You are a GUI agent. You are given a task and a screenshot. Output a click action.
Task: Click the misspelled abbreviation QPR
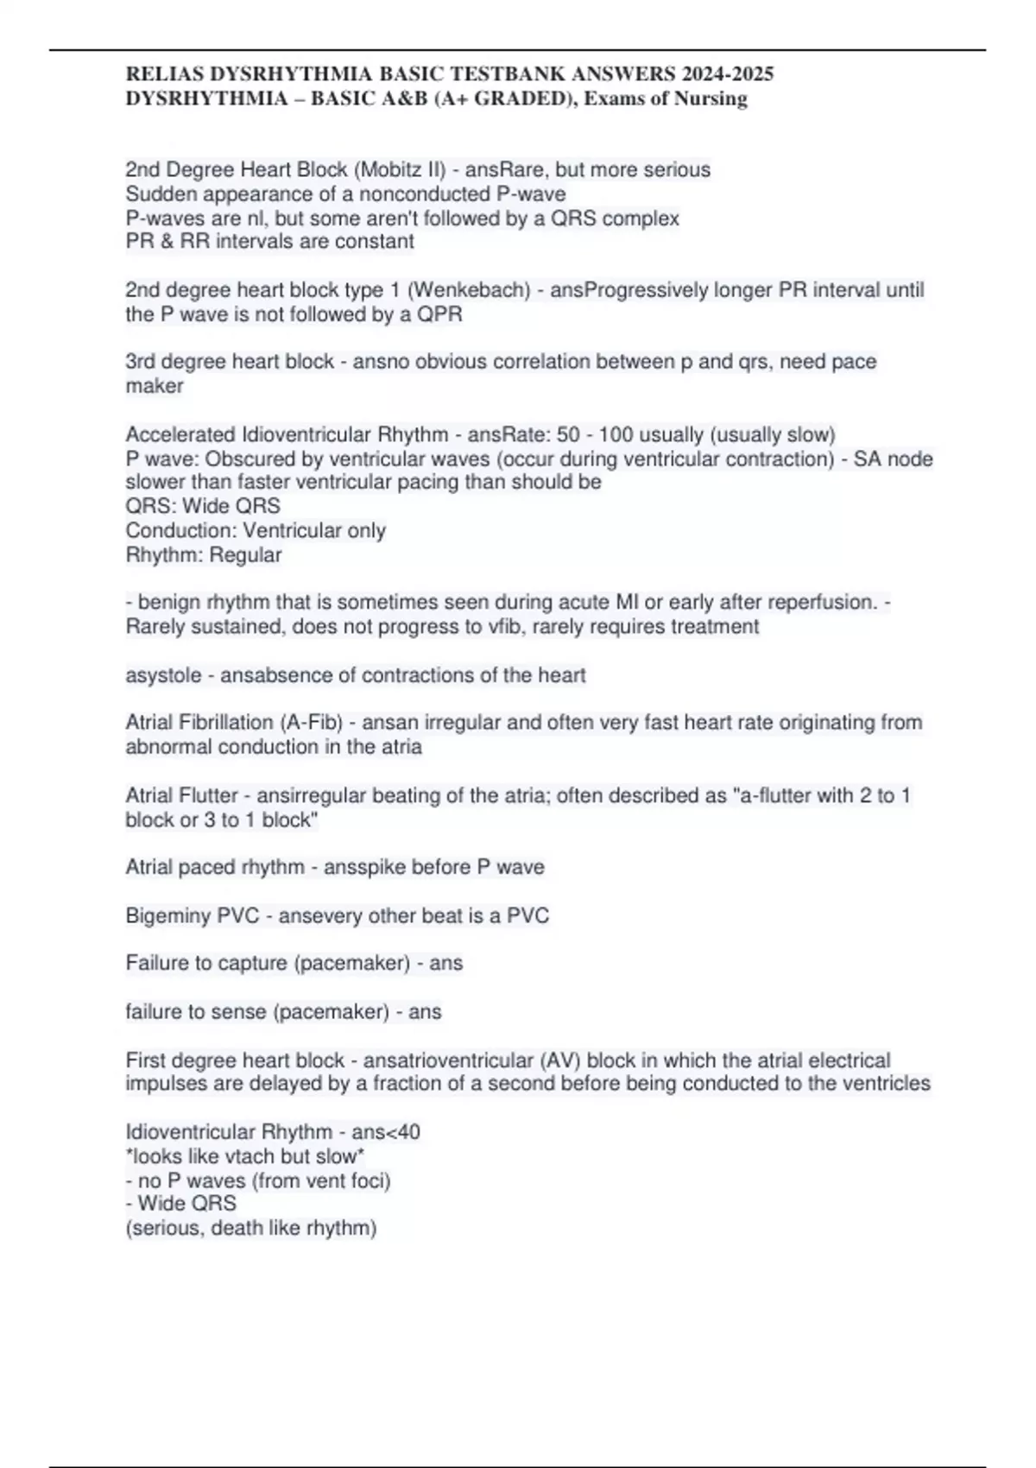click(440, 314)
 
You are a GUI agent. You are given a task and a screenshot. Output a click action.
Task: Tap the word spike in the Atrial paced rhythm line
click(365, 867)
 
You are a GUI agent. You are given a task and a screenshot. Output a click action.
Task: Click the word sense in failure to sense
click(240, 1011)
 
